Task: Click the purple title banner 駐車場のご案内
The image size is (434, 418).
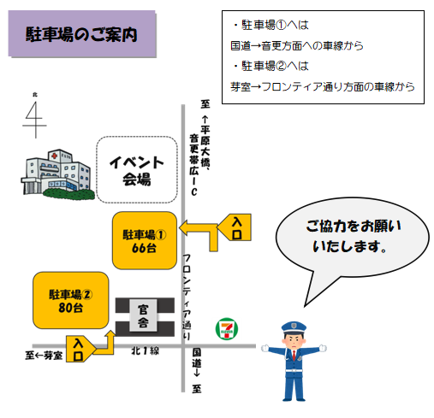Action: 82,34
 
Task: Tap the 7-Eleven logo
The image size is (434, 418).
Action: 227,329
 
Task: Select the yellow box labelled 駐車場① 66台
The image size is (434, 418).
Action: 145,240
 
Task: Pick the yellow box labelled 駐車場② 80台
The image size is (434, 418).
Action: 71,300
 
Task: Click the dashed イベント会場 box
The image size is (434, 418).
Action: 137,170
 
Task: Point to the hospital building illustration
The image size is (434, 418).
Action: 57,174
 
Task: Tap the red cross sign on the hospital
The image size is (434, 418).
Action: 54,156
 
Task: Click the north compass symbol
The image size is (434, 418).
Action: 35,116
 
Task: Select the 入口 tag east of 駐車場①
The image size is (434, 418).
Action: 235,227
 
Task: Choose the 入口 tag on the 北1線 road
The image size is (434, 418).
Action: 80,349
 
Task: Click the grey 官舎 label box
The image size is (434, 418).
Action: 143,315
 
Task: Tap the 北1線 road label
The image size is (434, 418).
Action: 145,350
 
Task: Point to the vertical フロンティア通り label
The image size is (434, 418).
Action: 187,297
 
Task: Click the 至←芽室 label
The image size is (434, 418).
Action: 44,356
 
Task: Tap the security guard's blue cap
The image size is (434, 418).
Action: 294,328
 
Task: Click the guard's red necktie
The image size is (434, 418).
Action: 294,356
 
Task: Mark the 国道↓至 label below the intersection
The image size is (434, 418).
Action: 196,370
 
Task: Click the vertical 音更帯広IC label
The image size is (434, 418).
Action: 194,165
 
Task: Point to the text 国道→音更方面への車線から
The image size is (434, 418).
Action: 297,45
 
